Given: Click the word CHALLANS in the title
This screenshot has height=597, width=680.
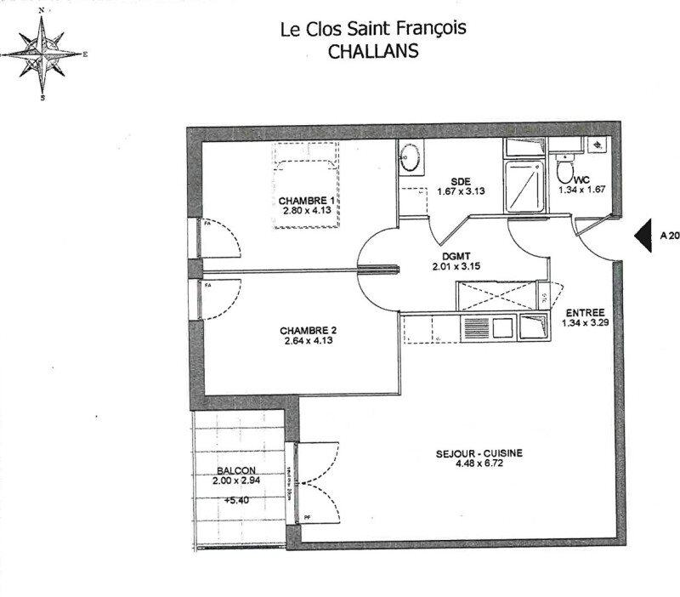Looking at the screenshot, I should point(373,51).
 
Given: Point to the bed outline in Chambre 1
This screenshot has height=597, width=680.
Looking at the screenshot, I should point(304,183).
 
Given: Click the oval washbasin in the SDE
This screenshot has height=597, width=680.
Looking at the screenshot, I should point(409,156).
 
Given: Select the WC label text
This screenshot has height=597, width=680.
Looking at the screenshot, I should point(582,180).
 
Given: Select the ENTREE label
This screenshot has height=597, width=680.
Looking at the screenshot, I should point(585,313).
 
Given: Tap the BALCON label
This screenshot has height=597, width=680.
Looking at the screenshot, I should point(235,470).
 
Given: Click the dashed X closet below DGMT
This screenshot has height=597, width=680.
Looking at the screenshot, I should point(494,294).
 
